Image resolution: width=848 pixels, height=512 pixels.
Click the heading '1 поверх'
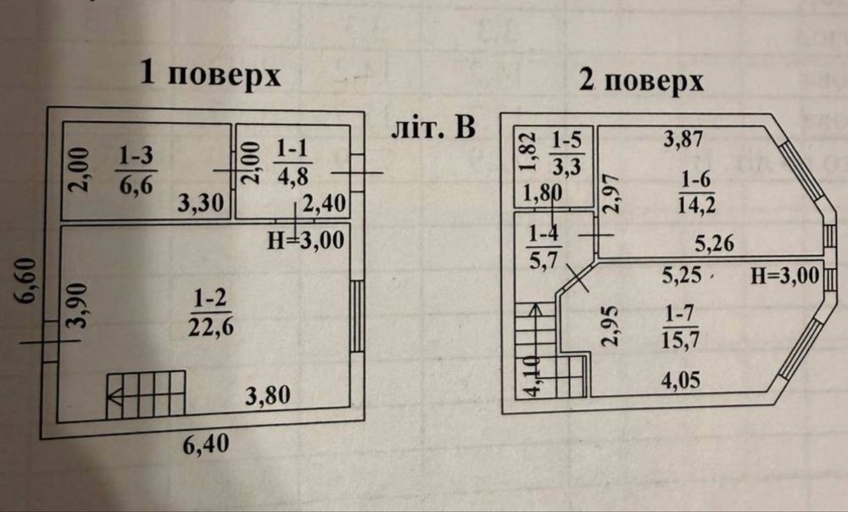point(210,74)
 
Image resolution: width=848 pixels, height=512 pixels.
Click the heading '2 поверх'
point(641,81)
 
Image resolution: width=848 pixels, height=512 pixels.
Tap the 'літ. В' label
point(433,128)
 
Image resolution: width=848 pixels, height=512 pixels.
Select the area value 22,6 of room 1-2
point(211,327)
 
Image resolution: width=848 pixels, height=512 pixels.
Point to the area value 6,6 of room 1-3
point(137,186)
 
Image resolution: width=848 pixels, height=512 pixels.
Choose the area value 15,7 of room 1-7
point(681,340)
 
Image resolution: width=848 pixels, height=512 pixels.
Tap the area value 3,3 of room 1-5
point(566,166)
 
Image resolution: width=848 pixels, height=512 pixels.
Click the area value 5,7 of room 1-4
point(543,261)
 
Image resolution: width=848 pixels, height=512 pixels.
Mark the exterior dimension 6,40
point(205,445)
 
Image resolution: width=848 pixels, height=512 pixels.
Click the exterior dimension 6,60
point(26,281)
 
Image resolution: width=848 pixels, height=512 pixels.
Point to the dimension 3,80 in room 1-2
point(268,397)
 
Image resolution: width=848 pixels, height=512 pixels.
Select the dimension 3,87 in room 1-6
point(683,139)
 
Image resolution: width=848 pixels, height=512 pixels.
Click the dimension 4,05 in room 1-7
point(681,380)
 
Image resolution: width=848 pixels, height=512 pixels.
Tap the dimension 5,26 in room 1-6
point(714,244)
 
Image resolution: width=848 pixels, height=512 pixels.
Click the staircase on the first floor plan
point(146,394)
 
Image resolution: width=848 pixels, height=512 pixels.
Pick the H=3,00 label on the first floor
point(306,240)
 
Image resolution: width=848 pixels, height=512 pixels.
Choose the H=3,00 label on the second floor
point(785,277)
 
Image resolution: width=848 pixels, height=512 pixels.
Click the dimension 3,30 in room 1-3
point(201,203)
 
